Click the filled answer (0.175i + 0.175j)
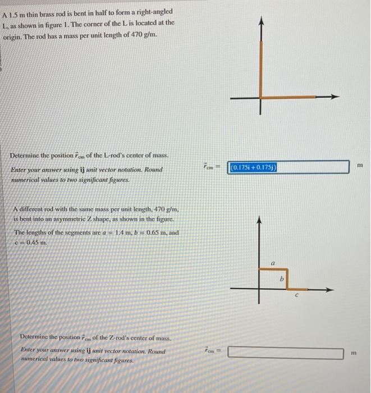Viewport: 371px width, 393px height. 253,167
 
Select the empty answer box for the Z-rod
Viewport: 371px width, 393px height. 286,353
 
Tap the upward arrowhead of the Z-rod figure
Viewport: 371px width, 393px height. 259,221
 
